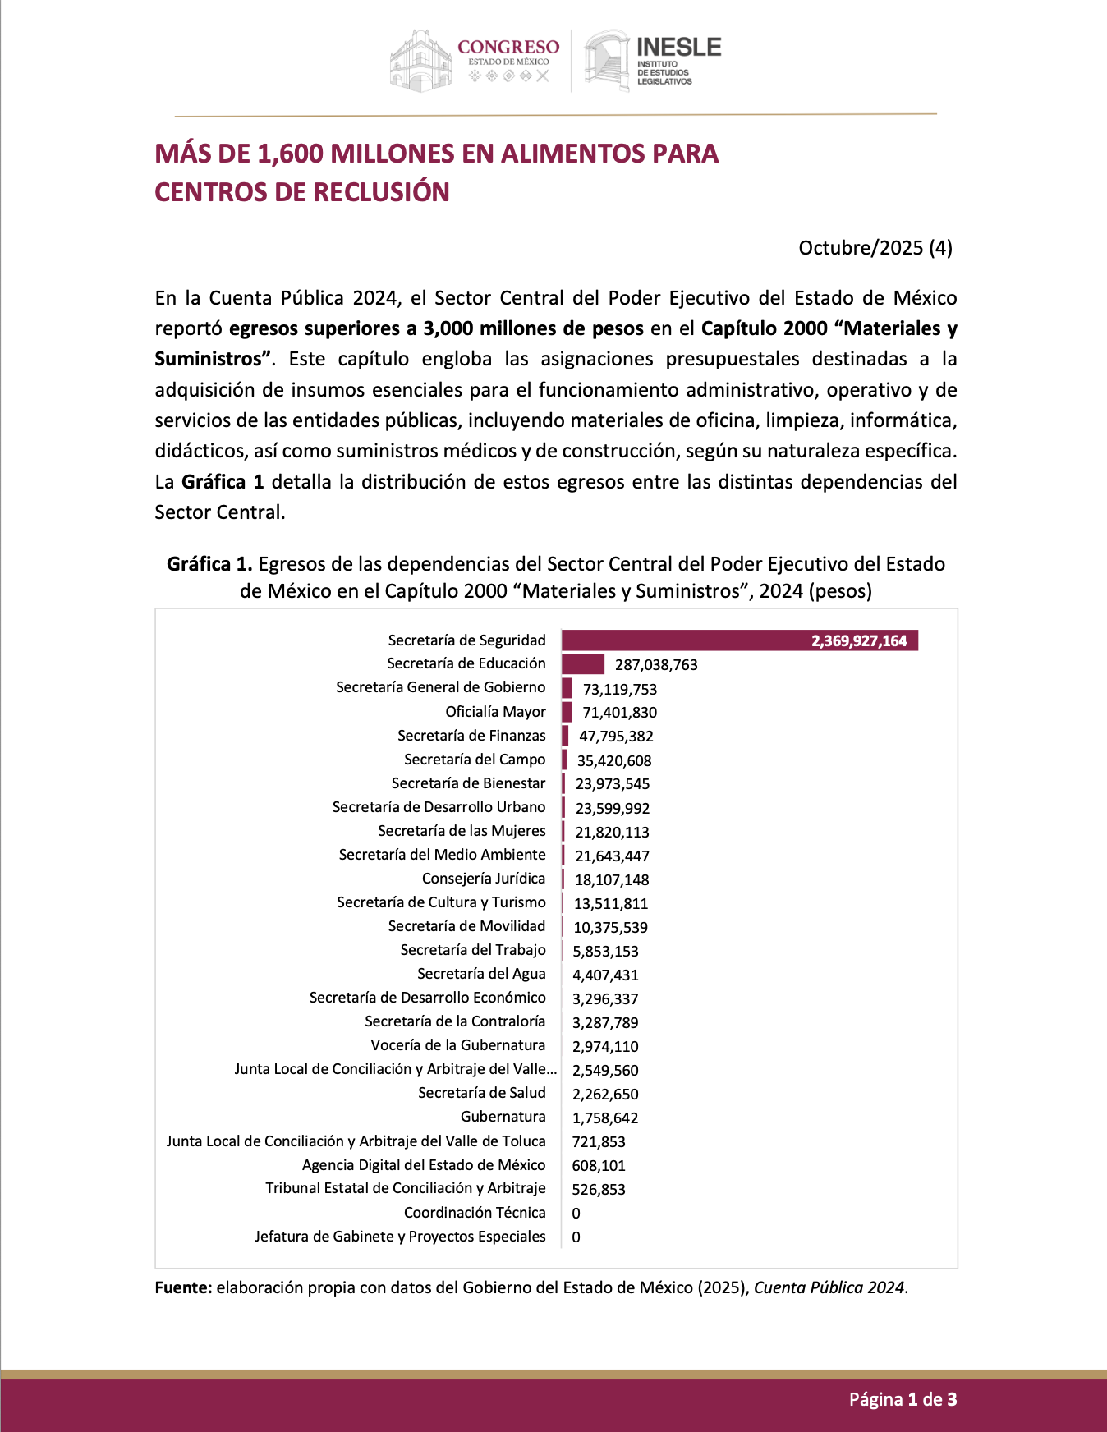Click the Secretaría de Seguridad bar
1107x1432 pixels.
pos(739,640)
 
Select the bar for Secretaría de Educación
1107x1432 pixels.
pos(583,663)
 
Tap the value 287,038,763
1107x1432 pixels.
pos(656,665)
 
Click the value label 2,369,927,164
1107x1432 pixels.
pos(859,641)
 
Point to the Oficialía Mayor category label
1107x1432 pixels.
pos(495,712)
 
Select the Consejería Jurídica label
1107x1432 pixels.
pos(483,879)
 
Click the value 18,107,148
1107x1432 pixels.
pos(612,880)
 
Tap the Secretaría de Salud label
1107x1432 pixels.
pos(481,1093)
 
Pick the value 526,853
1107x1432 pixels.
pos(599,1190)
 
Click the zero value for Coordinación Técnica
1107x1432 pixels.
pos(576,1214)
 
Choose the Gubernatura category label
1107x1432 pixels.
pos(503,1117)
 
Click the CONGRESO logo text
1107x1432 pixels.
pos(508,48)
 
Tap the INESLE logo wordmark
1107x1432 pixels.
pos(678,48)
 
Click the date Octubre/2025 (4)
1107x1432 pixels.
pos(875,248)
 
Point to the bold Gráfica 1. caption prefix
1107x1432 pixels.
pos(209,564)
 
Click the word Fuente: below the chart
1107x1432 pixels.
pos(183,1287)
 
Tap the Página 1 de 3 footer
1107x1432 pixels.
pos(903,1399)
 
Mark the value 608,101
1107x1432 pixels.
pos(599,1166)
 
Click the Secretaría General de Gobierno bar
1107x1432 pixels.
pos(567,688)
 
